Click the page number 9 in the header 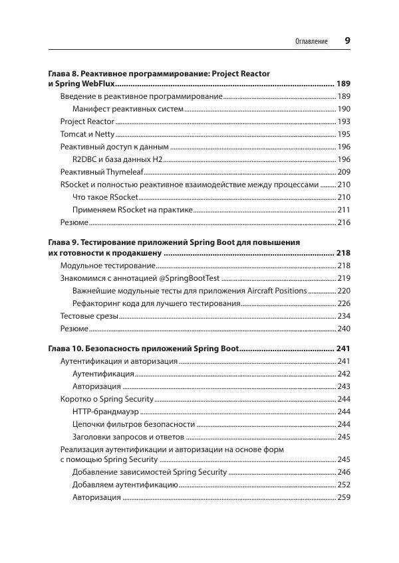[x=347, y=40]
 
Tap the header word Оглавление [x=311, y=41]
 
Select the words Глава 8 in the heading [x=66, y=72]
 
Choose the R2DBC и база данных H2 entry [x=117, y=159]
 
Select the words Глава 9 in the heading [x=66, y=242]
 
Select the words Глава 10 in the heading [x=68, y=349]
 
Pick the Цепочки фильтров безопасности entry [x=134, y=424]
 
